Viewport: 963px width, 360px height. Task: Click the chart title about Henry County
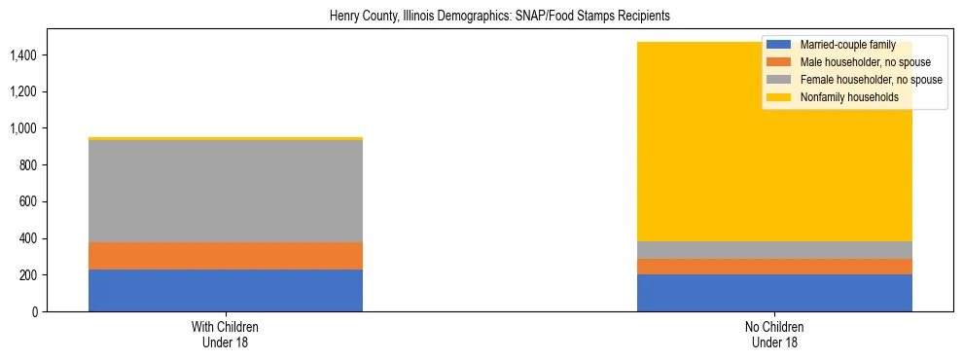(x=500, y=17)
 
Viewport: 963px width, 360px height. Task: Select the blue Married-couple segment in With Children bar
(x=226, y=290)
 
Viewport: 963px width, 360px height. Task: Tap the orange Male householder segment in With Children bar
(x=226, y=256)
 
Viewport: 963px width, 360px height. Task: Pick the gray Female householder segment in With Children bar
(x=226, y=191)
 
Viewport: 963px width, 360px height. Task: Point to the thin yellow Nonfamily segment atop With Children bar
(x=226, y=138)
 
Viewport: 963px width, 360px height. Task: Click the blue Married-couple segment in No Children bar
(x=774, y=293)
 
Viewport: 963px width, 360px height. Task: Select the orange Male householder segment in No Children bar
(x=774, y=267)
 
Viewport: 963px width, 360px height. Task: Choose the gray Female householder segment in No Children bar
(x=774, y=250)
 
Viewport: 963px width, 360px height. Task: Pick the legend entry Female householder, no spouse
(x=870, y=80)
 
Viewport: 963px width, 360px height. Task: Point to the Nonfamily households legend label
(x=848, y=97)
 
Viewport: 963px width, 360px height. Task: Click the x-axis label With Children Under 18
(x=226, y=334)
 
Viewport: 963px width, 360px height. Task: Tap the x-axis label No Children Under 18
(x=774, y=334)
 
